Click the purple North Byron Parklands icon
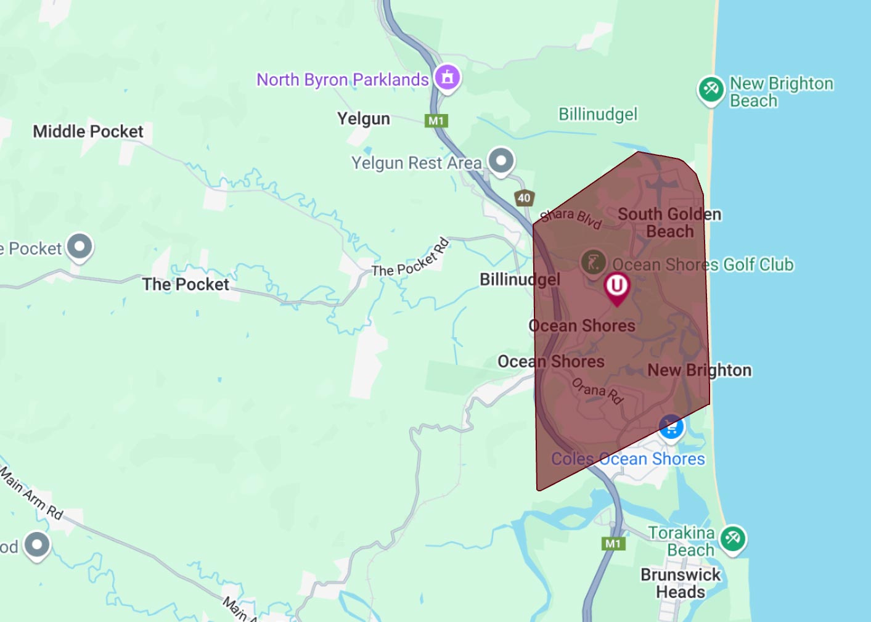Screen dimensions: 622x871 pos(448,78)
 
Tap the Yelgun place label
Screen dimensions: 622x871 pos(363,118)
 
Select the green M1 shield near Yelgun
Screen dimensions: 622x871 pos(436,121)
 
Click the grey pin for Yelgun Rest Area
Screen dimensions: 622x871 pos(501,161)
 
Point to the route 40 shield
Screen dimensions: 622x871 pos(524,198)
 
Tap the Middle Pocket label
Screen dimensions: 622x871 pos(88,131)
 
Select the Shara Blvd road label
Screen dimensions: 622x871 pos(571,218)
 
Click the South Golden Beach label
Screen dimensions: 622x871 pos(669,223)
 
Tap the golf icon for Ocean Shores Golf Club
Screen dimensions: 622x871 pos(593,263)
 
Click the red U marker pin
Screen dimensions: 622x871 pos(616,286)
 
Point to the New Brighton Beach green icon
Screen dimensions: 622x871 pos(711,90)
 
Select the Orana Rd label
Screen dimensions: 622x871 pos(597,391)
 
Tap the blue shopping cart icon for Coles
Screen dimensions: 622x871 pos(671,427)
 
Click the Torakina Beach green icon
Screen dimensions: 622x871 pos(732,539)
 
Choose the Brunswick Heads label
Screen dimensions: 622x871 pos(681,583)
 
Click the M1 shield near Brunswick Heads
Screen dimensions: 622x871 pos(613,544)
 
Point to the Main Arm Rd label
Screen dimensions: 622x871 pos(31,493)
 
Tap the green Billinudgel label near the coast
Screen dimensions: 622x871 pos(597,115)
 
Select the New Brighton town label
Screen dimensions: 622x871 pos(699,370)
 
